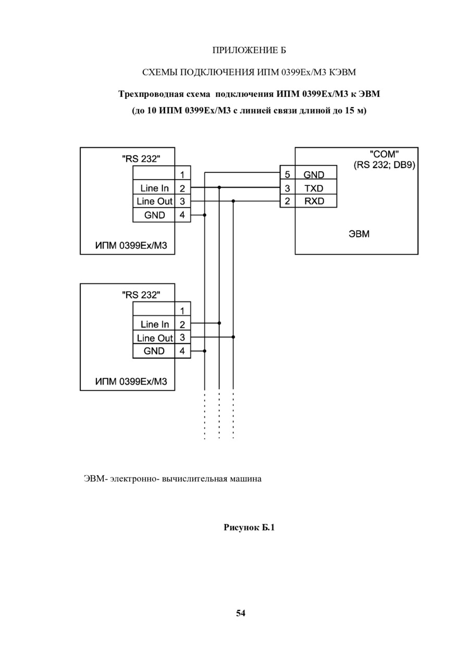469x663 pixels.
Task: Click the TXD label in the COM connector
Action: pyautogui.click(x=314, y=188)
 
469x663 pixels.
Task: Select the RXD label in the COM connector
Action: pyautogui.click(x=314, y=201)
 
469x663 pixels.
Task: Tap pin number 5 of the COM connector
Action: pyautogui.click(x=287, y=175)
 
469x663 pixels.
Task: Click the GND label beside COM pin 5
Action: pyautogui.click(x=314, y=175)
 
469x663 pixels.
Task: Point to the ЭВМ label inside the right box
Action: pyautogui.click(x=359, y=234)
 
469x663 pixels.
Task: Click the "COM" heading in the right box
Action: pyautogui.click(x=384, y=154)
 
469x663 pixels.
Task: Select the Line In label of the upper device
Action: pyautogui.click(x=154, y=188)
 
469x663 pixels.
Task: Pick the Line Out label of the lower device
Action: pyautogui.click(x=155, y=338)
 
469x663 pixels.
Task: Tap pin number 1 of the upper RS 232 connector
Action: pyautogui.click(x=182, y=175)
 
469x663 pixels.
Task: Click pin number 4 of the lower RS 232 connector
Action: pyautogui.click(x=182, y=351)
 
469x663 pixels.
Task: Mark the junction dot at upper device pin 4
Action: pyautogui.click(x=205, y=215)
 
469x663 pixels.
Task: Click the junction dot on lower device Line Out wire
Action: pyautogui.click(x=233, y=337)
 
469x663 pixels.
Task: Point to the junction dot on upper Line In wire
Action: pyautogui.click(x=219, y=187)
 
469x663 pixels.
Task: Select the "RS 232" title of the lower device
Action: pyautogui.click(x=141, y=295)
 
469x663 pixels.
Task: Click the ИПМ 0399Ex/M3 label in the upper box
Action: pyautogui.click(x=131, y=246)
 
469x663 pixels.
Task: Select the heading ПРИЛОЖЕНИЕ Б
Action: pyautogui.click(x=249, y=50)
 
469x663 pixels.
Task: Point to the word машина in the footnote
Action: pyautogui.click(x=247, y=479)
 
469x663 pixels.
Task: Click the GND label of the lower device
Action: pyautogui.click(x=154, y=351)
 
